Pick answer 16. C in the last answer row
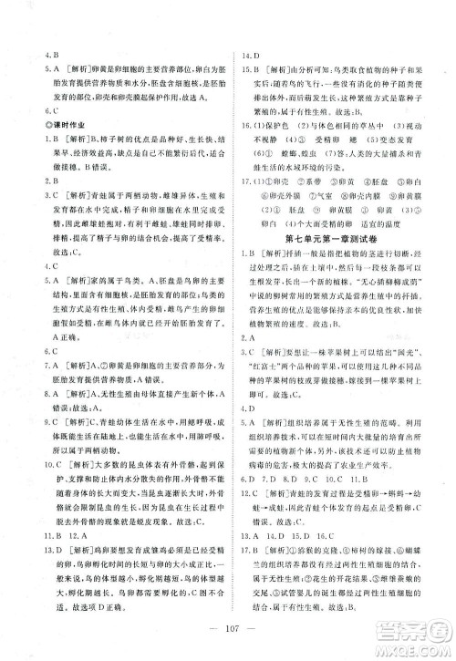(318, 534)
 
